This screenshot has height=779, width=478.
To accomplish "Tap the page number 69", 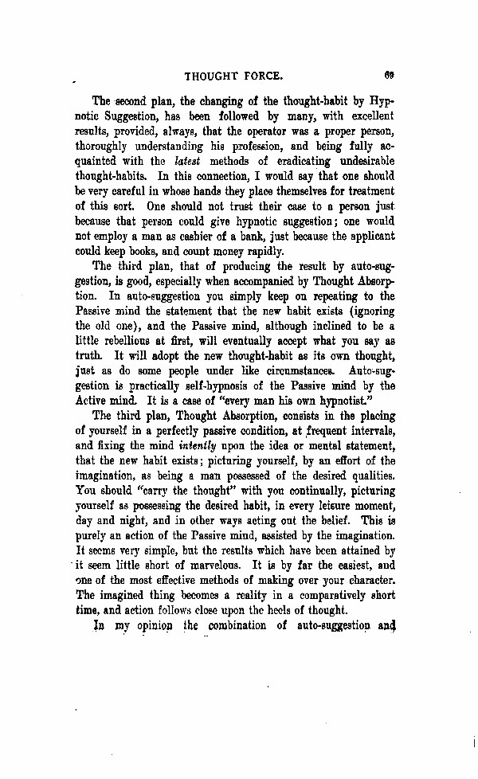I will point(390,76).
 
